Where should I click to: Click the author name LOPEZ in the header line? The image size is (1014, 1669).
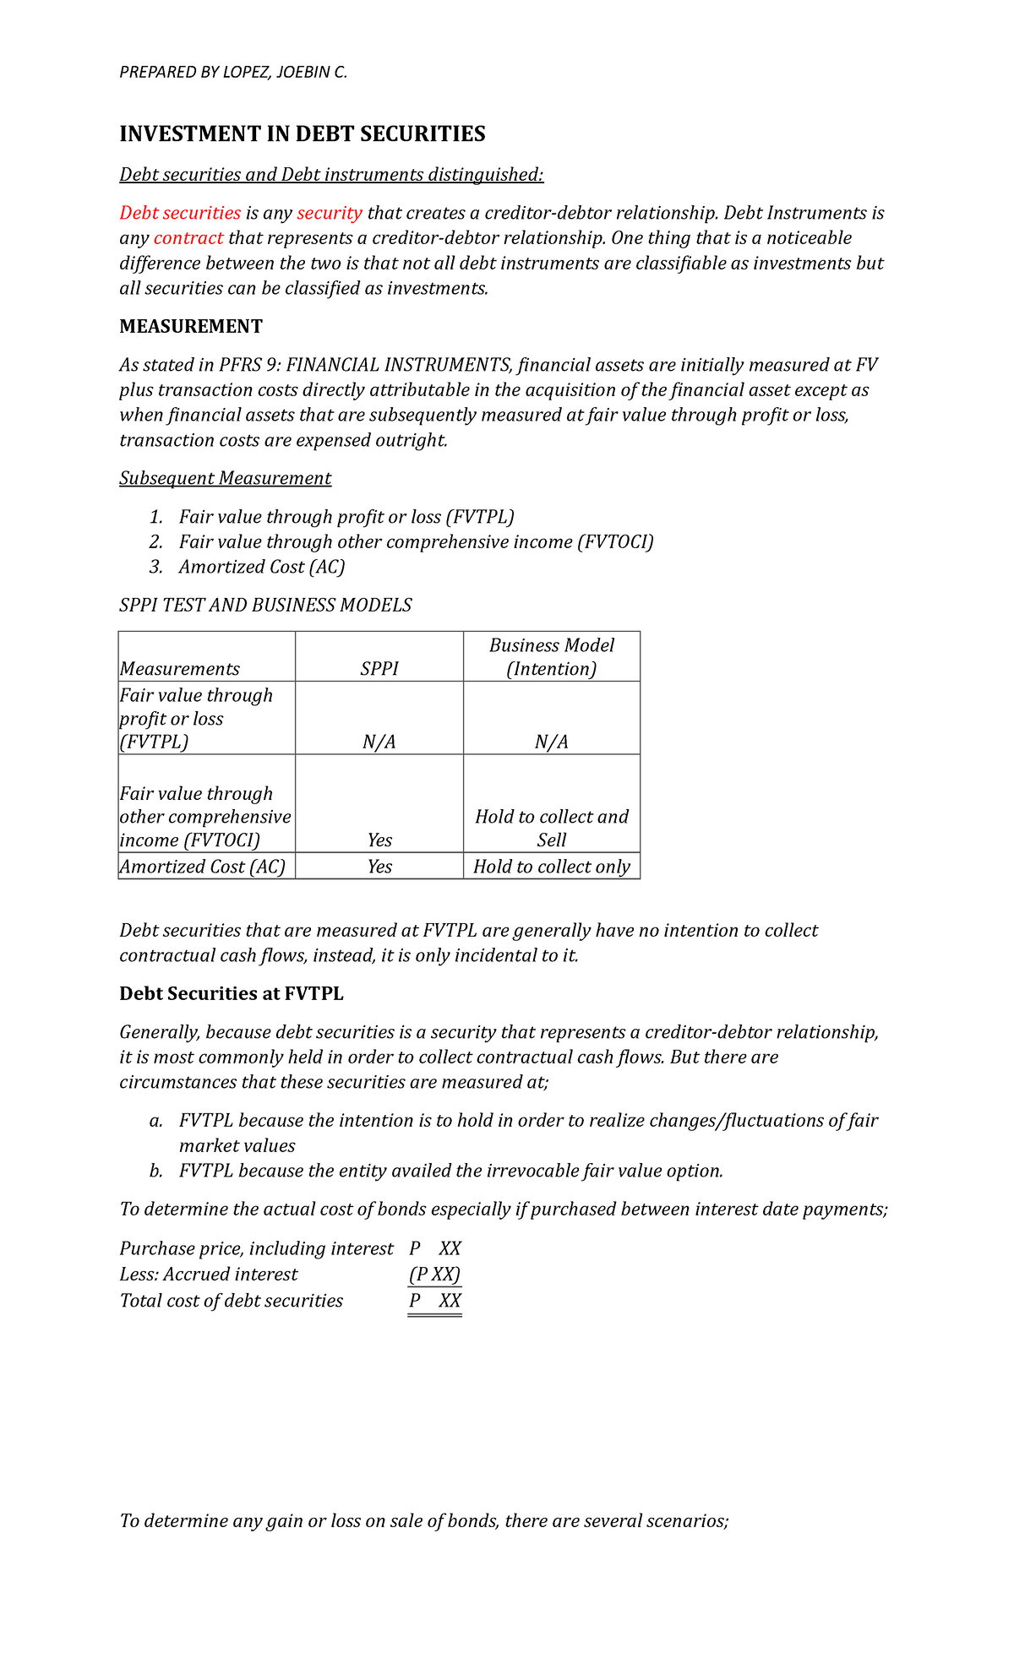[x=245, y=72]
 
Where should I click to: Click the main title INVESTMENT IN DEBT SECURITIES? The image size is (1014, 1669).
[x=302, y=134]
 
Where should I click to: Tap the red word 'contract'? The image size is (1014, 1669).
[x=188, y=238]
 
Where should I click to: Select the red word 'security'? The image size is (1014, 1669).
[x=330, y=213]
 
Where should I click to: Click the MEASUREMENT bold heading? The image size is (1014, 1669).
[x=191, y=327]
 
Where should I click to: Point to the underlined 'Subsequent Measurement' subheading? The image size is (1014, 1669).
[x=225, y=479]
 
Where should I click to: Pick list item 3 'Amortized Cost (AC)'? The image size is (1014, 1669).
[x=261, y=567]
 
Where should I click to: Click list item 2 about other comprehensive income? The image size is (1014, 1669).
[x=416, y=542]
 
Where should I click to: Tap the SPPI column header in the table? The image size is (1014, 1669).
[x=379, y=669]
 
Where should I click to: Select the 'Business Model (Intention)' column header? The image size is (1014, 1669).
[x=552, y=657]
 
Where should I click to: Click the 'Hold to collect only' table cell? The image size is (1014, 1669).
[x=552, y=867]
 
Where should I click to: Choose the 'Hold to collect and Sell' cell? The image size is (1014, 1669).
[x=552, y=828]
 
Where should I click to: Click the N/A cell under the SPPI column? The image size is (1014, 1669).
[x=379, y=742]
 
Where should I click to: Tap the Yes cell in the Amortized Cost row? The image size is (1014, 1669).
[x=379, y=867]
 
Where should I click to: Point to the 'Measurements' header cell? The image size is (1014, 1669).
[x=180, y=669]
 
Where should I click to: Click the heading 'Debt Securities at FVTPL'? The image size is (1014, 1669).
[x=232, y=994]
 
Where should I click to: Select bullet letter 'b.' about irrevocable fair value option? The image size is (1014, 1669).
[x=155, y=1172]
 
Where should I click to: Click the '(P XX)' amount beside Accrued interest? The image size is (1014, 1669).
[x=434, y=1275]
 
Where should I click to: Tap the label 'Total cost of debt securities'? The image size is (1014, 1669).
[x=232, y=1301]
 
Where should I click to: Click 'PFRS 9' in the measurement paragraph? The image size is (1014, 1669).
[x=250, y=366]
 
